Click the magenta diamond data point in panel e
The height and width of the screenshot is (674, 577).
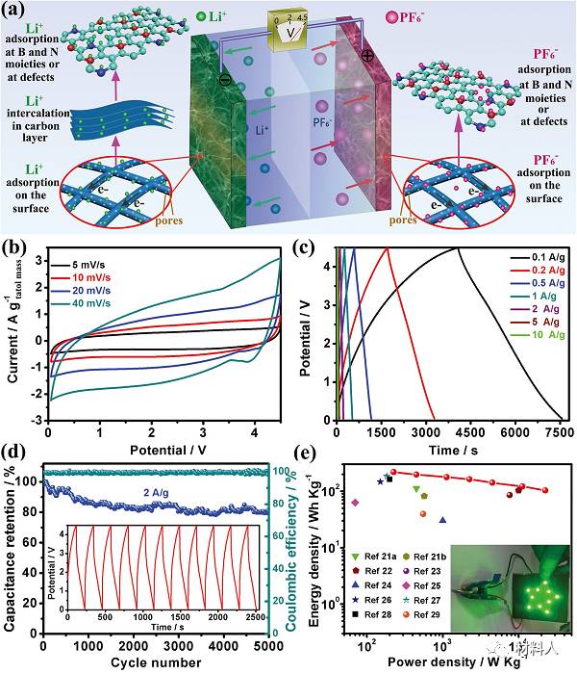[356, 503]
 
